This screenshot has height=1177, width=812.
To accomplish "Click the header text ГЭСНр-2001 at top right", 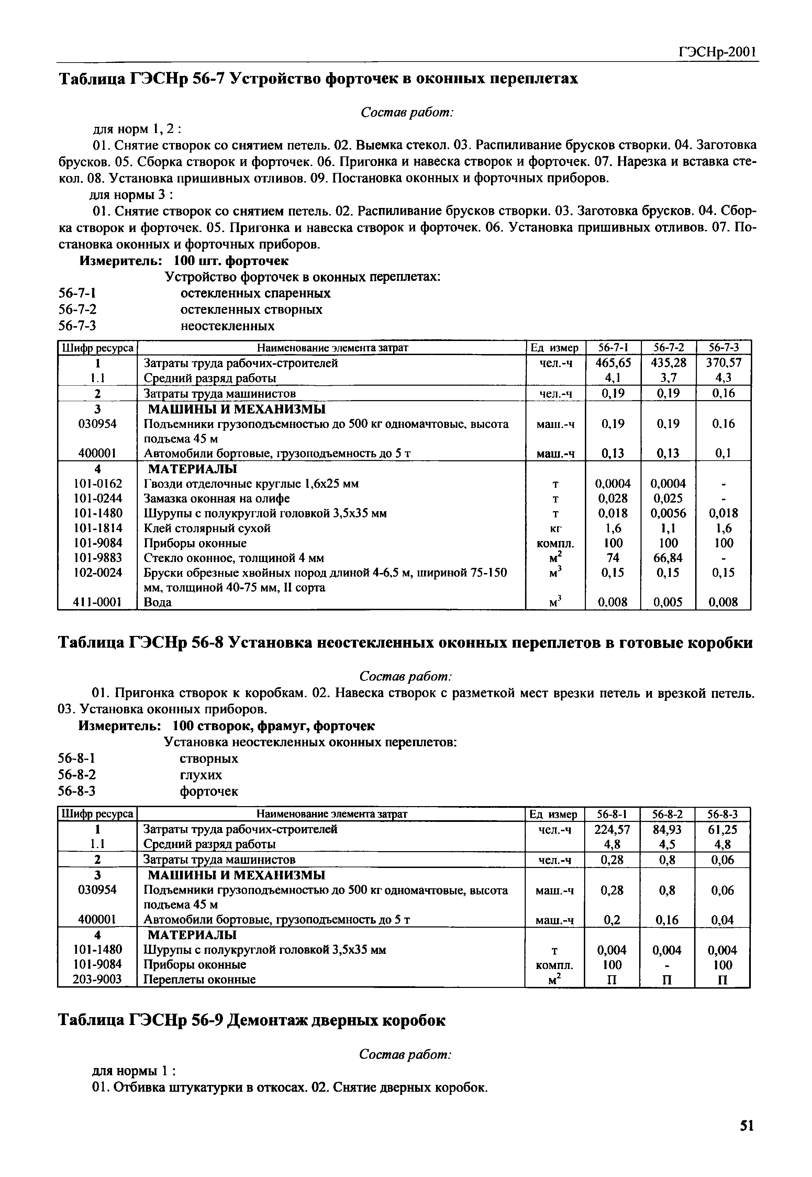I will tap(718, 52).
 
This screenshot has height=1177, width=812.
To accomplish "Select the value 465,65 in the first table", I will tap(613, 363).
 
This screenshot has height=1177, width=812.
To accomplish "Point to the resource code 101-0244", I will tap(98, 498).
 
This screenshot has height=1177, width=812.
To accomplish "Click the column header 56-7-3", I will tap(723, 348).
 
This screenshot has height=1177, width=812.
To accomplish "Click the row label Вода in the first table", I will tap(158, 603).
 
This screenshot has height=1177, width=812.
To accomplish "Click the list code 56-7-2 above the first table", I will tap(77, 309).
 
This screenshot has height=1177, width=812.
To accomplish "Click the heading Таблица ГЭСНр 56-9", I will tap(252, 1020).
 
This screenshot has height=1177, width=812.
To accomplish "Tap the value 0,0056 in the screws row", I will tap(668, 514).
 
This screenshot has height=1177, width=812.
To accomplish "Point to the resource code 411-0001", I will tap(98, 603).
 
